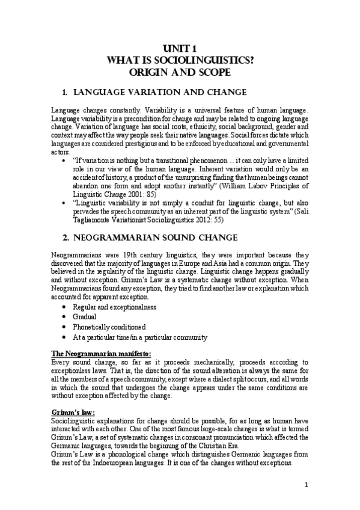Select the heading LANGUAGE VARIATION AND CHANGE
pyautogui.click(x=159, y=93)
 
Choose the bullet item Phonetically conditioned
pyautogui.click(x=108, y=327)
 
